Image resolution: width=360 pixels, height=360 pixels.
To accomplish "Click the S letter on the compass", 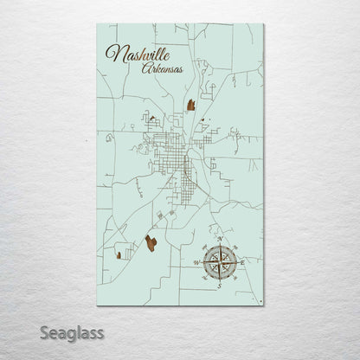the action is coord(220,285).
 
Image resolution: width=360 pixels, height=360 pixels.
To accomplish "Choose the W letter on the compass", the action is coord(196,261).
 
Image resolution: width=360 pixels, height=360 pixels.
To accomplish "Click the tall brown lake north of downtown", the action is coord(190,107).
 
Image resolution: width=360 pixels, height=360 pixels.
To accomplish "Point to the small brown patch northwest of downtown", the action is coord(151,122).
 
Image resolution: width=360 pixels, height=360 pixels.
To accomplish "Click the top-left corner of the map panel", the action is coord(97,24).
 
